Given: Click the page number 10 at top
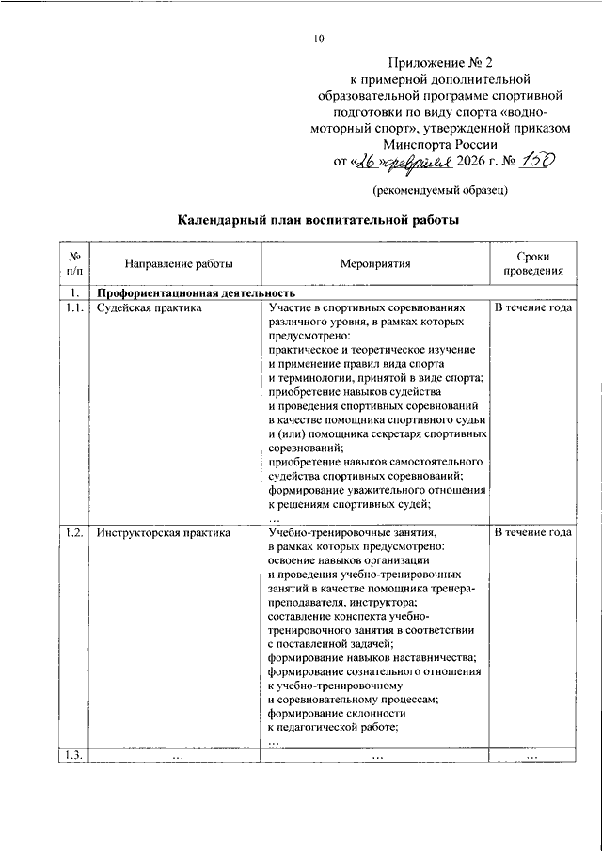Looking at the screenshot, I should (319, 39).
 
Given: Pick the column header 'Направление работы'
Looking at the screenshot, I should (165, 265).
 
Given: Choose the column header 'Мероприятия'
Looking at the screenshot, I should (375, 265).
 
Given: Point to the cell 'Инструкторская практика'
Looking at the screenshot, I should (164, 533).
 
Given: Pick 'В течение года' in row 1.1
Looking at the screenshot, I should (532, 307).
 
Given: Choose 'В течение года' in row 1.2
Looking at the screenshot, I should (532, 533).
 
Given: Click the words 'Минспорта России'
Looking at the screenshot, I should (447, 143).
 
